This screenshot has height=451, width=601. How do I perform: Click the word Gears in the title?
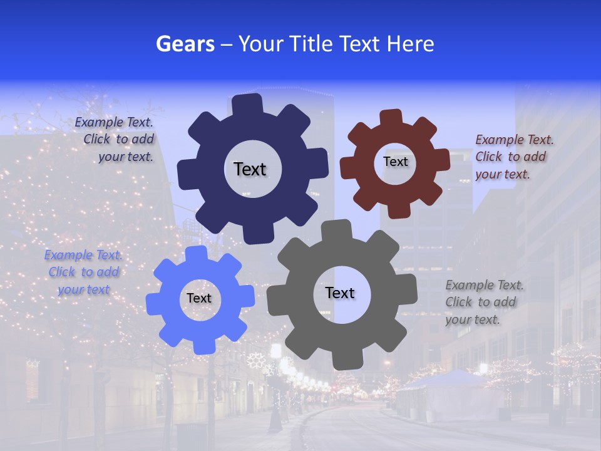[x=185, y=44]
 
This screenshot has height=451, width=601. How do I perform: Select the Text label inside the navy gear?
[x=250, y=169]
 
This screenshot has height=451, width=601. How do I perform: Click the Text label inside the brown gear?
[x=395, y=162]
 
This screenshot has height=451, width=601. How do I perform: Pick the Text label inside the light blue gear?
[x=199, y=299]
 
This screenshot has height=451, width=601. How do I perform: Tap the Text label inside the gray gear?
[x=340, y=293]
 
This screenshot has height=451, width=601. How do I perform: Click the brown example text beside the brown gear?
[x=513, y=157]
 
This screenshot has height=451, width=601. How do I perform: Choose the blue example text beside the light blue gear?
[x=83, y=272]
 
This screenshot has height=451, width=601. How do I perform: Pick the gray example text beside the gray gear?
[x=483, y=302]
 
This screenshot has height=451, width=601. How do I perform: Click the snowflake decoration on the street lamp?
[x=255, y=360]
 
